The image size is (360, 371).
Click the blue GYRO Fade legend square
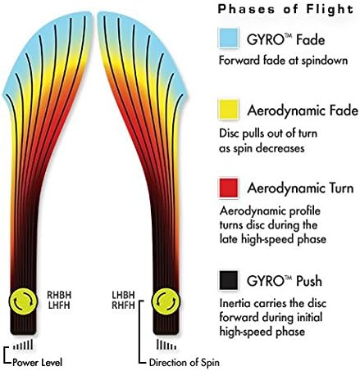[x=229, y=38]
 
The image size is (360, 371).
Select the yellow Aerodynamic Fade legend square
[x=229, y=110]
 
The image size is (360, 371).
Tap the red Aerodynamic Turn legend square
[x=229, y=188]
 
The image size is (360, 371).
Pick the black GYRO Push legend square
[x=229, y=280]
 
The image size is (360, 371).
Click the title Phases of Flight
[x=285, y=10]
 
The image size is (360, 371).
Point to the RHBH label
[x=59, y=295]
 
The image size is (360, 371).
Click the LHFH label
[x=59, y=305]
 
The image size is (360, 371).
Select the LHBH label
[x=123, y=295]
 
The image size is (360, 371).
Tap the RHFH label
[x=123, y=305]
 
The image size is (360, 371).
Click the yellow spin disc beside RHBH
[x=23, y=301]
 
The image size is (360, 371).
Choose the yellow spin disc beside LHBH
[x=166, y=301]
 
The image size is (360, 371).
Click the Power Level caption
[x=37, y=363]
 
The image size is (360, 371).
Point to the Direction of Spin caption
[x=185, y=363]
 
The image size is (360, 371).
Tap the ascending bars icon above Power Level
[x=23, y=345]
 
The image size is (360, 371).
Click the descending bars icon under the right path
[x=166, y=345]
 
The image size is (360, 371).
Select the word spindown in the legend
[x=325, y=61]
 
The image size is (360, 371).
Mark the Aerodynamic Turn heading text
[x=300, y=188]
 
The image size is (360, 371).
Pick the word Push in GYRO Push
[x=309, y=281]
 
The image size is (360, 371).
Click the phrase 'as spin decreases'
[x=262, y=148]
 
